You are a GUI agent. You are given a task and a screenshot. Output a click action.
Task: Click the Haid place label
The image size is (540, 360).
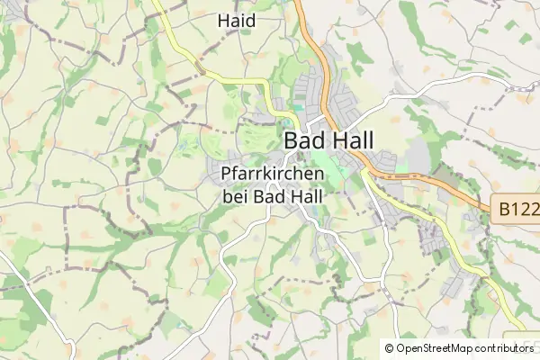tap(237, 20)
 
